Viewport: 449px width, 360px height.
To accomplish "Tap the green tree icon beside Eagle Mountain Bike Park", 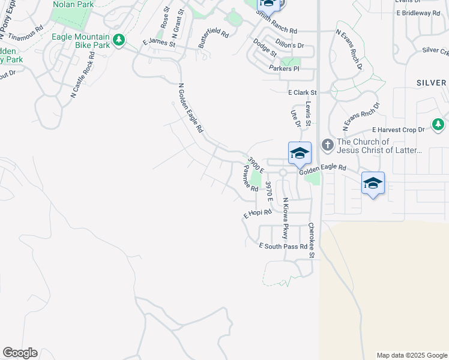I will tap(119, 40).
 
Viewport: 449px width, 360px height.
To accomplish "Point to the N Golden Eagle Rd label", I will tap(191, 108).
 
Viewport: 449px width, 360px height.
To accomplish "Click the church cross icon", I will tap(327, 144).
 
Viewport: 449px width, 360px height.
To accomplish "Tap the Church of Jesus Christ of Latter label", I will tap(379, 146).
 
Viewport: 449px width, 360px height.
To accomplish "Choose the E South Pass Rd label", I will tap(283, 246).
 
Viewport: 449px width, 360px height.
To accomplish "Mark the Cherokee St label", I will tap(312, 241).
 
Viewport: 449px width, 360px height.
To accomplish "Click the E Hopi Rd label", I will tap(258, 213).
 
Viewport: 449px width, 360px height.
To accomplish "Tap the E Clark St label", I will tap(302, 93).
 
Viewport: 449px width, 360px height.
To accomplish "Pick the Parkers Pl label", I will tap(284, 69).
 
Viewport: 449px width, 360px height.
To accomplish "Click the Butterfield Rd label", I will tap(214, 38).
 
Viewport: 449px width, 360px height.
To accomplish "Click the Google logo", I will tap(20, 353).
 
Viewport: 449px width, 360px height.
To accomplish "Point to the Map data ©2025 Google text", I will tap(411, 355).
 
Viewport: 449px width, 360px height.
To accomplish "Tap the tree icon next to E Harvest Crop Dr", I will tap(438, 125).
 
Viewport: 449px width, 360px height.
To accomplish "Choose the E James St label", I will tap(158, 43).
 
